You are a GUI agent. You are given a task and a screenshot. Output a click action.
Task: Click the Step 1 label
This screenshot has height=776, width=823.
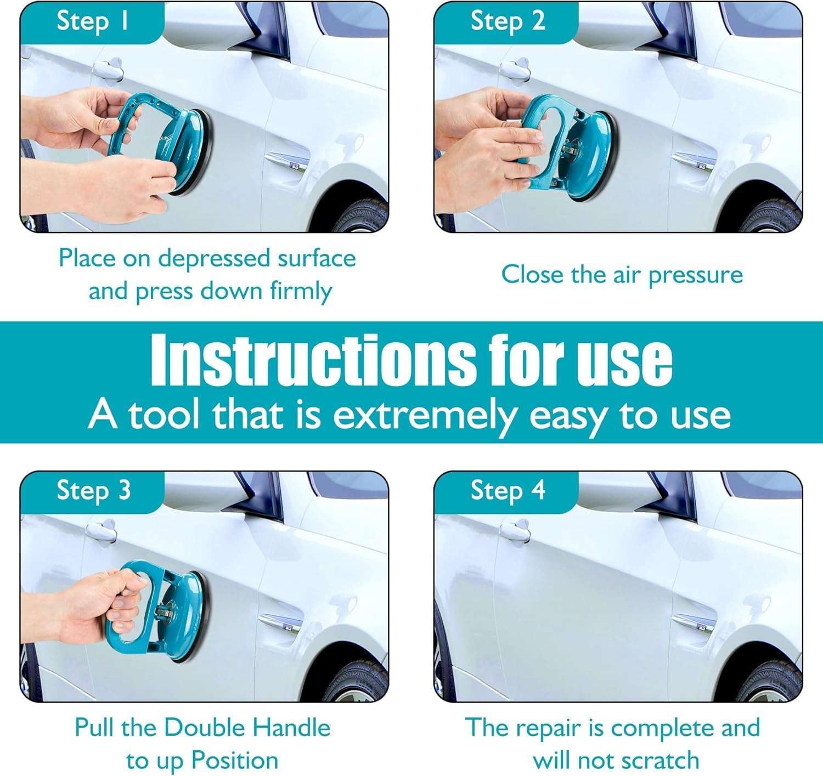point(93,21)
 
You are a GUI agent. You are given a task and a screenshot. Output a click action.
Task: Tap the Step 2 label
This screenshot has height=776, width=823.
point(508,21)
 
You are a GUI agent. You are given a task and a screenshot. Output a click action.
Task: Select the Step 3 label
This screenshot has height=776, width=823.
point(94,491)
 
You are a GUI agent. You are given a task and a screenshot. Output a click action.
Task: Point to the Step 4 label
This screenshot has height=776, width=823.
point(508,491)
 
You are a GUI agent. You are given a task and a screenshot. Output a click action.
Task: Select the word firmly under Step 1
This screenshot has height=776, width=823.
point(301,292)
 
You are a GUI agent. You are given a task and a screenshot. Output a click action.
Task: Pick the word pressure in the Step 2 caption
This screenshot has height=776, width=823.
point(696,276)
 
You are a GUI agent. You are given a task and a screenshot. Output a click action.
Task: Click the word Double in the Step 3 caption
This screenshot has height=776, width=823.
point(205,728)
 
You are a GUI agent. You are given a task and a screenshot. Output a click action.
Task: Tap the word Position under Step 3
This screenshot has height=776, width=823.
point(234,761)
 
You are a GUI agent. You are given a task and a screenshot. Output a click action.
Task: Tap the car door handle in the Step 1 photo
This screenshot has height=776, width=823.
point(108,69)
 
